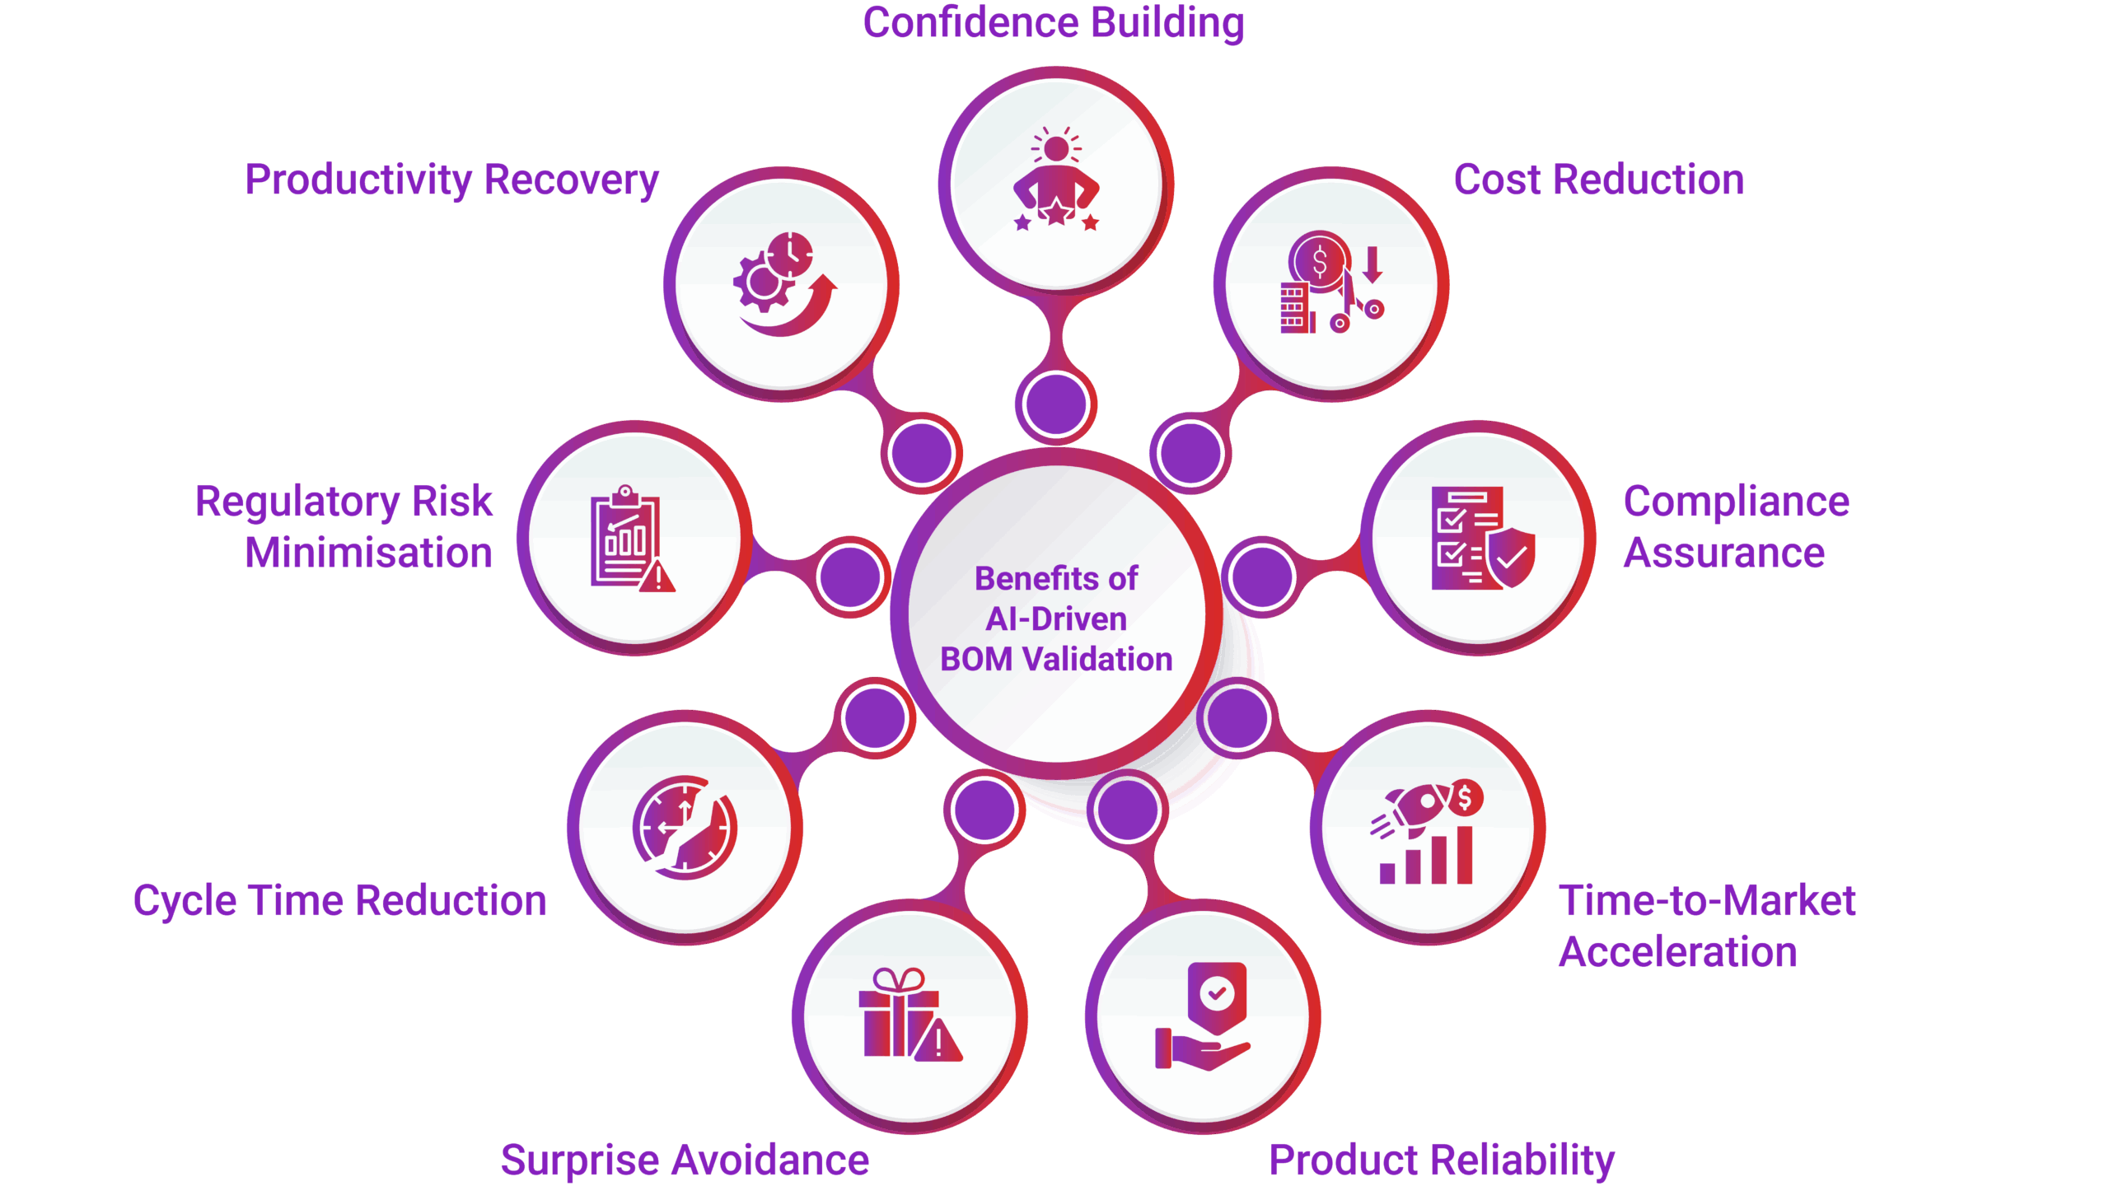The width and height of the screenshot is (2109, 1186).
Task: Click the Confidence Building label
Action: (1053, 23)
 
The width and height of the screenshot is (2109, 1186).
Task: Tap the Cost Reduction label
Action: (1598, 180)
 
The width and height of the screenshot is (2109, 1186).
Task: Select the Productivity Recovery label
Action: (451, 180)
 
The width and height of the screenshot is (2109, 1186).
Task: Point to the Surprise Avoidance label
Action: (685, 1160)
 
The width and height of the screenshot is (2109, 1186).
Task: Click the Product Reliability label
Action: (1441, 1160)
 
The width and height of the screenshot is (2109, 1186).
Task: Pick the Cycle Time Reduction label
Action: (339, 900)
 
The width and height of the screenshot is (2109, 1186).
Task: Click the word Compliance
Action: (1736, 502)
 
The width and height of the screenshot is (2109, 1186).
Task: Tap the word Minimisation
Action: (368, 553)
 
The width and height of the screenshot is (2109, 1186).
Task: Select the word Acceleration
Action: (1677, 952)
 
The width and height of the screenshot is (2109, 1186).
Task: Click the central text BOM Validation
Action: (1056, 659)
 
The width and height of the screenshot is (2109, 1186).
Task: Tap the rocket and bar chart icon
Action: (1427, 832)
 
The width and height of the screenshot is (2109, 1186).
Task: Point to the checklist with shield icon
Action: (1481, 537)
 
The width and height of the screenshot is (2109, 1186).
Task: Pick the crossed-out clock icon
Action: (685, 827)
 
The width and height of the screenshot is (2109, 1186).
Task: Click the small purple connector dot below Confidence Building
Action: (1055, 404)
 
